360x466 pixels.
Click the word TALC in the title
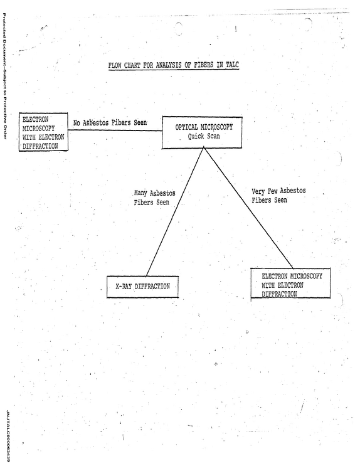coord(232,65)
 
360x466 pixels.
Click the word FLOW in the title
coord(114,65)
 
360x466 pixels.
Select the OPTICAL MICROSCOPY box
coord(202,132)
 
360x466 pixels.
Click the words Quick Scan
coord(204,136)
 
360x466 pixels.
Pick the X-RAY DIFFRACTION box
coord(143,287)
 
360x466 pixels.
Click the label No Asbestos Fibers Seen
coord(110,122)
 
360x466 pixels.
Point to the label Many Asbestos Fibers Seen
coord(154,198)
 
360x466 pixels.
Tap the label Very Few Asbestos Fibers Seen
coord(278,195)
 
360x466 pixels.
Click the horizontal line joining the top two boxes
coord(115,130)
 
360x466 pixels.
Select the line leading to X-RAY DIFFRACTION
coord(175,211)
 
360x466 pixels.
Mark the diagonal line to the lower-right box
coord(248,208)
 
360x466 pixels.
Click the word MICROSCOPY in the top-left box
coord(39,129)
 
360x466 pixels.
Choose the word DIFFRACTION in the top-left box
coord(40,146)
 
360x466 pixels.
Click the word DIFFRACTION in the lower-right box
coord(279,294)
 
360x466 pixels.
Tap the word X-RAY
coord(124,287)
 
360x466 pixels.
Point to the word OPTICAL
coord(186,127)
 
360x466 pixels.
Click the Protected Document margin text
coord(4,76)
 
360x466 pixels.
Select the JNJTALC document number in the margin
coord(8,436)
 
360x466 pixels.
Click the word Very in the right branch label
coord(258,191)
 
